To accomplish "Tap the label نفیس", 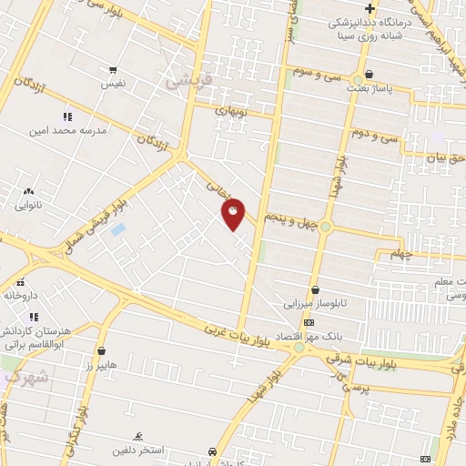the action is coord(112,83).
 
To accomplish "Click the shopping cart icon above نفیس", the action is coord(112,69).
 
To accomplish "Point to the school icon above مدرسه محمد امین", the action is coord(66,116).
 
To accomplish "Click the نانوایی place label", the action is coord(27,206).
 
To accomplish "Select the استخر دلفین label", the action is coord(137,450).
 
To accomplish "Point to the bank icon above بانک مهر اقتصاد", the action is coord(309,322).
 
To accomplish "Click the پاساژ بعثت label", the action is coord(369,89).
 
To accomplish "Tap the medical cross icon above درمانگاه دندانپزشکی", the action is coord(370,8).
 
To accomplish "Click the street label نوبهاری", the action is coord(230,108).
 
